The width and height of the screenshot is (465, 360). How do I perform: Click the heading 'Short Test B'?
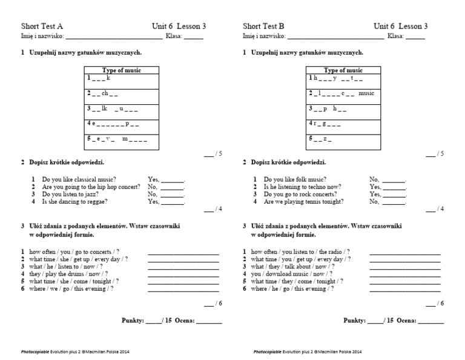tap(263, 26)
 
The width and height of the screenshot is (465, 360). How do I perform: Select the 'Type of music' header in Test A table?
tap(121, 70)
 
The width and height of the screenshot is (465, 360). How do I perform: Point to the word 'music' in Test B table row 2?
tap(367, 93)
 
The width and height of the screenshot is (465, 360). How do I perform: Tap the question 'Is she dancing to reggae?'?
tap(73, 201)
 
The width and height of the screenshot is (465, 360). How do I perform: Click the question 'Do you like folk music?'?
tap(295, 179)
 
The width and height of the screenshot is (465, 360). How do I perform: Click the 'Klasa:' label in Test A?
tap(174, 36)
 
